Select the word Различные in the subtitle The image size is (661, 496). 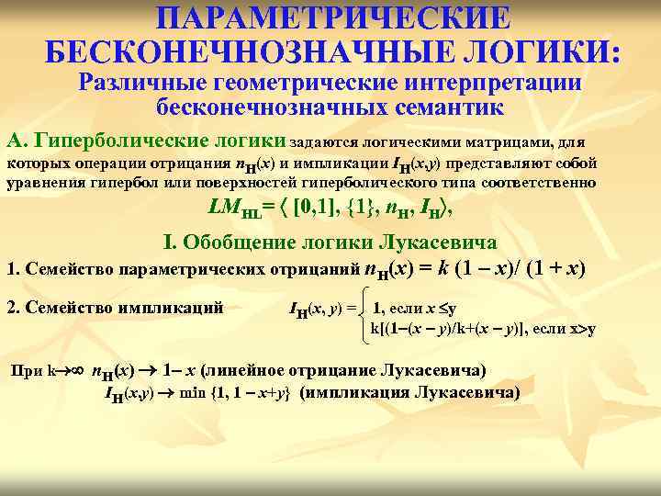click(x=141, y=82)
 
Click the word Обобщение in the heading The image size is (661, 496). click(x=243, y=242)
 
